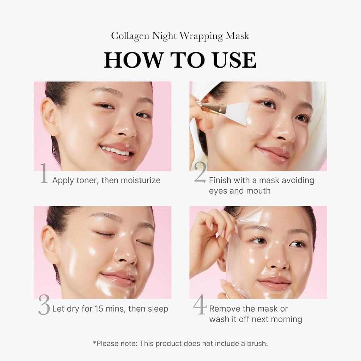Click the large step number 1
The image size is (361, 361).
(44, 173)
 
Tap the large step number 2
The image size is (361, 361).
(200, 172)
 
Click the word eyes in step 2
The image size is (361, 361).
(218, 191)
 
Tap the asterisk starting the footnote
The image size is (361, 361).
(94, 342)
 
